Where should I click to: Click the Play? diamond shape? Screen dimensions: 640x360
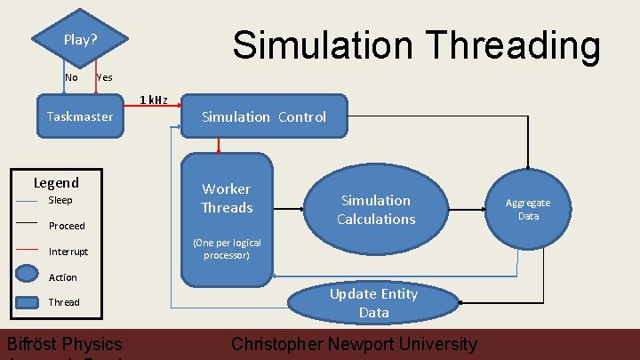pyautogui.click(x=80, y=40)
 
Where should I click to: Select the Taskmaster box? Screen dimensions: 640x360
pyautogui.click(x=80, y=116)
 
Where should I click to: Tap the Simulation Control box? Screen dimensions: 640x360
pyautogui.click(x=264, y=116)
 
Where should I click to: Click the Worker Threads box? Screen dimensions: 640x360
pyautogui.click(x=227, y=198)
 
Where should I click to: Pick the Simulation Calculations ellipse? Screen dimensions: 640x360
pyautogui.click(x=376, y=210)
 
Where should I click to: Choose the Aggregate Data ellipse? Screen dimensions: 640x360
pyautogui.click(x=529, y=210)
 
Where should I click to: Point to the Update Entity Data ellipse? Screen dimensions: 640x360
pyautogui.click(x=373, y=302)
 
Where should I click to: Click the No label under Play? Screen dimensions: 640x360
pyautogui.click(x=71, y=77)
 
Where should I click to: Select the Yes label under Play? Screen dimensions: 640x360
pyautogui.click(x=104, y=77)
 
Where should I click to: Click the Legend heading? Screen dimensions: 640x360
pyautogui.click(x=56, y=183)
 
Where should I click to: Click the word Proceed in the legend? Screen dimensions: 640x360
pyautogui.click(x=67, y=226)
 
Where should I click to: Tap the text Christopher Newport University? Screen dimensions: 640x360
pyautogui.click(x=354, y=344)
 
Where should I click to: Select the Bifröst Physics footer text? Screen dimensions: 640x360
pyautogui.click(x=64, y=344)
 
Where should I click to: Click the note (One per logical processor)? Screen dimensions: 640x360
pyautogui.click(x=227, y=249)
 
